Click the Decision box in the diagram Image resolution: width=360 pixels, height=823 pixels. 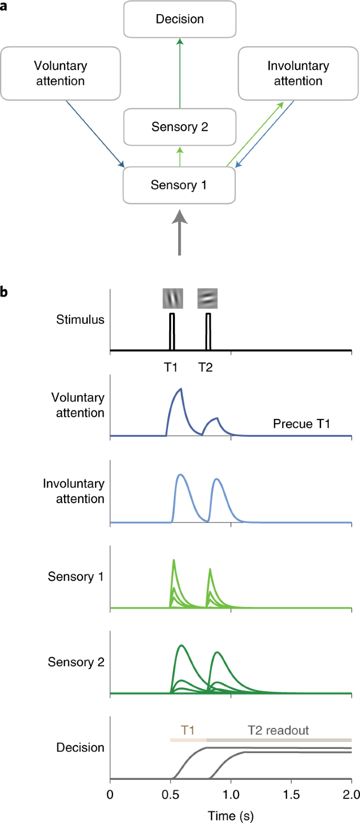coord(179,19)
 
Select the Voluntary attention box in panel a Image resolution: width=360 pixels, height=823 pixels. coord(60,73)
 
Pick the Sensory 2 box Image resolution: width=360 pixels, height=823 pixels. coord(179,127)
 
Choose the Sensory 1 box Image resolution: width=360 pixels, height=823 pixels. coord(179,185)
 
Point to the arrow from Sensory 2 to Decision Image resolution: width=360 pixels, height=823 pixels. coord(179,74)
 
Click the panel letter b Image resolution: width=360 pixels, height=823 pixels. coord(4,290)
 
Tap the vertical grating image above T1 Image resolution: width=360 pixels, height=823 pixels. coord(172,299)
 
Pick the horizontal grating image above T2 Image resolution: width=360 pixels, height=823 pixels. coord(207,299)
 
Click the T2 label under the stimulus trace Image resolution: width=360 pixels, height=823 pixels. coord(206,367)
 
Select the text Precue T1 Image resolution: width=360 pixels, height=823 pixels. coord(301,423)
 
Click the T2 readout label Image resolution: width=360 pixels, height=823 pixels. coord(279,730)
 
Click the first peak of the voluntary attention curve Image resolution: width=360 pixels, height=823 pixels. coord(181,389)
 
